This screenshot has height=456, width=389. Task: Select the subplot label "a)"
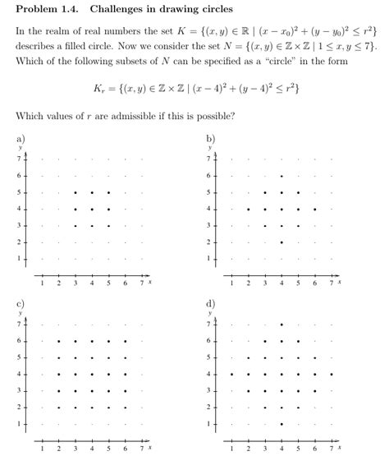21,139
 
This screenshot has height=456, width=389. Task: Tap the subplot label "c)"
21,304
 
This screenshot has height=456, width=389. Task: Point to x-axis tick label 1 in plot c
43,448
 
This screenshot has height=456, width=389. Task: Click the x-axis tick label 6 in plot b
316,283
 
